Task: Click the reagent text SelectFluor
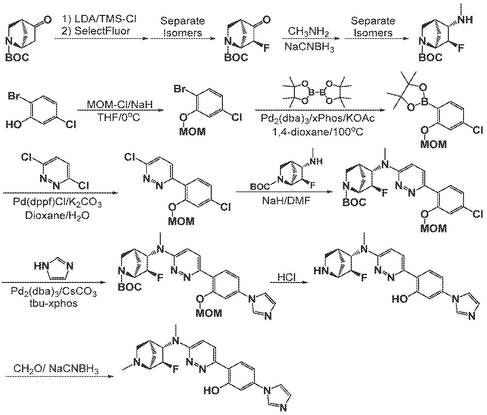(x=102, y=31)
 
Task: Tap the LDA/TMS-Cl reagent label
(x=105, y=19)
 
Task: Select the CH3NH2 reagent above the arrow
(x=308, y=32)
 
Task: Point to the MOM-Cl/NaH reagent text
(x=120, y=104)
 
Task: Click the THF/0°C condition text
(x=119, y=117)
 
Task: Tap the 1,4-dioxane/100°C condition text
(x=318, y=131)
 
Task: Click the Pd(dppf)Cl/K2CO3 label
(x=57, y=203)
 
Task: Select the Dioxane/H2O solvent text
(x=57, y=216)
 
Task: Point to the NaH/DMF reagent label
(x=286, y=201)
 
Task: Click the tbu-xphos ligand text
(x=54, y=303)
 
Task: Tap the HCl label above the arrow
(x=286, y=277)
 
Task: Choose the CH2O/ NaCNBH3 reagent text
(x=56, y=368)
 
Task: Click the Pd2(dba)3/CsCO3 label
(x=54, y=292)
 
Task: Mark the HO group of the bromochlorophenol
(x=14, y=124)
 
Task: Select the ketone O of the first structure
(x=47, y=20)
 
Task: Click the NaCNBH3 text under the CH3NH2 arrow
(x=309, y=47)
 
